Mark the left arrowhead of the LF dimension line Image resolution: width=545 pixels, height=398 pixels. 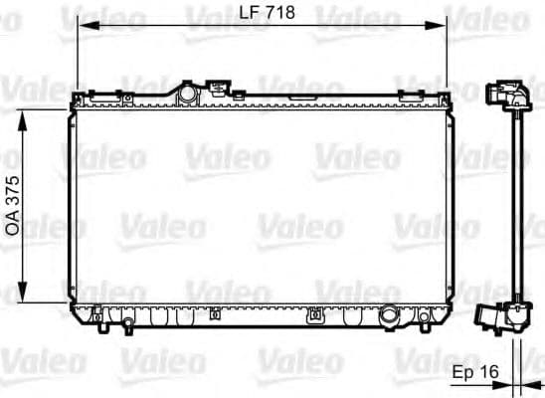[x=82, y=26]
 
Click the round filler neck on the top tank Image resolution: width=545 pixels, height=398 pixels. [x=185, y=92]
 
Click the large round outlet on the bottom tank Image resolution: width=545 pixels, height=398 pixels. [x=390, y=318]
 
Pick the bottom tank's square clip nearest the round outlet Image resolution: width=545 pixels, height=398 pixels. [x=316, y=317]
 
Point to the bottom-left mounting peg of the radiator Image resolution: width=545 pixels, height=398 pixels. [x=98, y=321]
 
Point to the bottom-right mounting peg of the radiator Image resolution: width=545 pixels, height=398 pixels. [x=425, y=320]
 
